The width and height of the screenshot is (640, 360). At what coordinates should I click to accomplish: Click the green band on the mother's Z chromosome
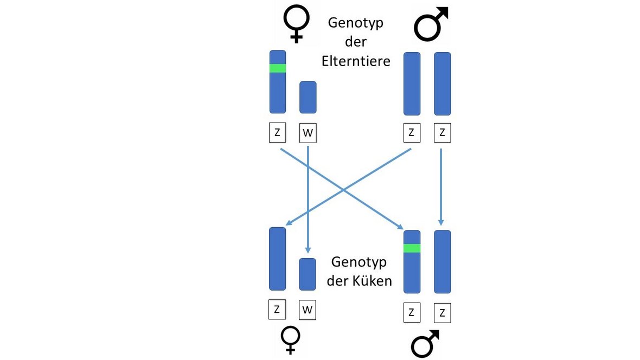coord(278,68)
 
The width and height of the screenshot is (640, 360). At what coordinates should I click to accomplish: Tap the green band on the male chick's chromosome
coord(412,248)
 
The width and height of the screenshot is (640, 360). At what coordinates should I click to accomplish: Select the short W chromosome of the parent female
coord(308,97)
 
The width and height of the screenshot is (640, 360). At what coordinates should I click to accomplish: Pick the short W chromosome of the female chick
coord(308,274)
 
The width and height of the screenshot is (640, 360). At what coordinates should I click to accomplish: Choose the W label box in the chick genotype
coord(308,310)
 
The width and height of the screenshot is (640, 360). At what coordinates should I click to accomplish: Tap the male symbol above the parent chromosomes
coord(431,24)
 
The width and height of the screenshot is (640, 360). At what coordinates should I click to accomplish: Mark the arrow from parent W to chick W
coord(308,201)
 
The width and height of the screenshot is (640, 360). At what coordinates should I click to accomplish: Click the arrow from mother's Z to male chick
coord(342,188)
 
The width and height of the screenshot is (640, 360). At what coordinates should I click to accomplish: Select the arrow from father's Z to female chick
coord(347,187)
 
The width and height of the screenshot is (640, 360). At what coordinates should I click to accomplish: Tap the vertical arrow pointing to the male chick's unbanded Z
coord(441,187)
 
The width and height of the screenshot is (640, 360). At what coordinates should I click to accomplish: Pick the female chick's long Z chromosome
coord(277,259)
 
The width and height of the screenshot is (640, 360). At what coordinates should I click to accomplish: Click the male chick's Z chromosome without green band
coord(443,262)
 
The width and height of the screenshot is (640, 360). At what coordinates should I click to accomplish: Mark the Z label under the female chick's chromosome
coord(277,310)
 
